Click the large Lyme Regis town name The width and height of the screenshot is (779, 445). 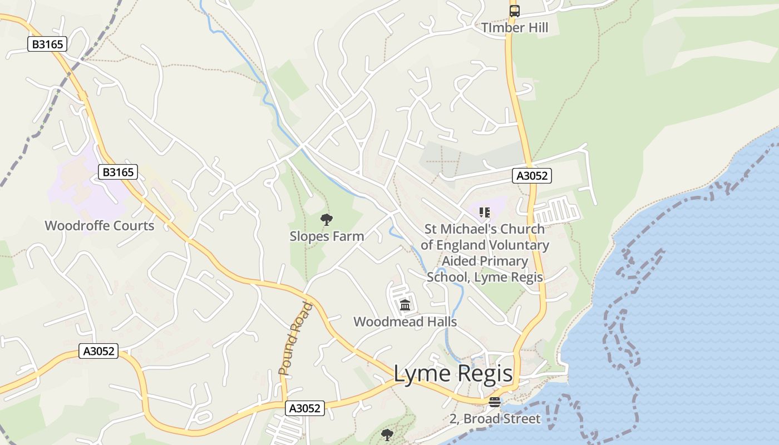[453, 374]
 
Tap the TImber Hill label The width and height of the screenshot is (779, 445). [515, 28]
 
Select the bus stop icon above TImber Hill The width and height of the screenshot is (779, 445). [515, 11]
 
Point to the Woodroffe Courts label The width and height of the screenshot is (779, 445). [99, 226]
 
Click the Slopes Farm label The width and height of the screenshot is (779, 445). [327, 236]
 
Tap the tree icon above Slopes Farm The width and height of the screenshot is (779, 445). [327, 220]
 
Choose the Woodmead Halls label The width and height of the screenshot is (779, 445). [405, 322]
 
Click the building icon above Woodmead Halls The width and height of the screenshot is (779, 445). [405, 305]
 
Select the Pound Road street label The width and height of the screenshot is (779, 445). [295, 338]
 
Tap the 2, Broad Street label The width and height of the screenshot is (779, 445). [495, 419]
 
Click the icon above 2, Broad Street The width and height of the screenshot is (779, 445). [495, 402]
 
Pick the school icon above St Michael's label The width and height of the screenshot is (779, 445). [485, 212]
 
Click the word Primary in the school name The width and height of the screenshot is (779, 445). [485, 261]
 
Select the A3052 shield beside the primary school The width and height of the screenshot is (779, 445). [532, 176]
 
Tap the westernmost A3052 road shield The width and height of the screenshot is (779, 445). [98, 351]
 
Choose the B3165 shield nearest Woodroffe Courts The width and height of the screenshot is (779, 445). [118, 172]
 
